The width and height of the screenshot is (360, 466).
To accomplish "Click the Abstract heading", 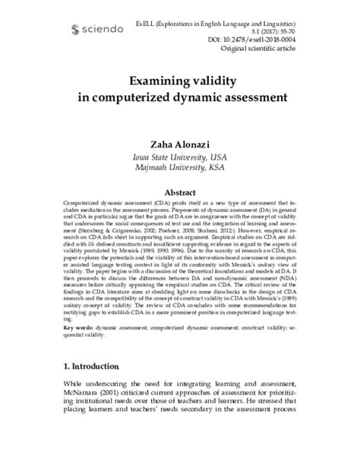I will [179, 193].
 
